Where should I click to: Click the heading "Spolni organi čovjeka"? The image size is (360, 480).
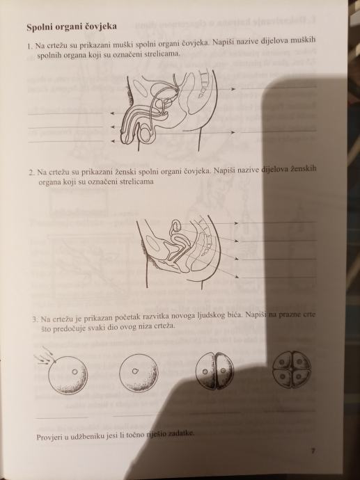click(x=72, y=27)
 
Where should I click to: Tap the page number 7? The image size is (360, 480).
click(x=313, y=451)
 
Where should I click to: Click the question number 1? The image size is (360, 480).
click(x=29, y=47)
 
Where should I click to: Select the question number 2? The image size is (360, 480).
click(x=31, y=173)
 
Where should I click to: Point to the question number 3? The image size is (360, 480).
click(x=36, y=319)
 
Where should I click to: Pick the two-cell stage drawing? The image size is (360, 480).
click(x=214, y=371)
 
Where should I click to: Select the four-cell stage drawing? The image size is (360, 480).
click(x=292, y=369)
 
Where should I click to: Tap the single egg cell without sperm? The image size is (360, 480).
click(x=139, y=373)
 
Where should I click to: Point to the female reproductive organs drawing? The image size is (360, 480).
click(x=180, y=252)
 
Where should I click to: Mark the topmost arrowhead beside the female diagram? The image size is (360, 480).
click(x=236, y=223)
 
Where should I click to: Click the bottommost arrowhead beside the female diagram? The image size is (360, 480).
click(x=236, y=277)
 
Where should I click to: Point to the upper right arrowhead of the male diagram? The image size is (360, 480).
click(x=233, y=89)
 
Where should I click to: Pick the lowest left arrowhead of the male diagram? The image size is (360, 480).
click(x=113, y=141)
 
